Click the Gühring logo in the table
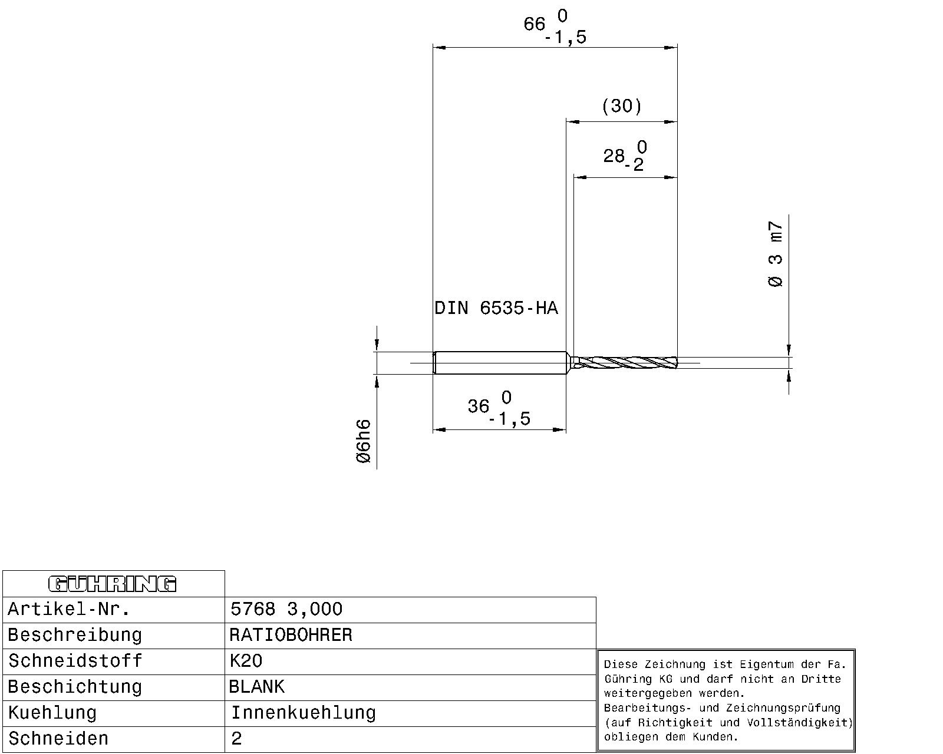(112, 584)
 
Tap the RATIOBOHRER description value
(291, 635)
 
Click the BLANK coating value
(257, 686)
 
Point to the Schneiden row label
(58, 738)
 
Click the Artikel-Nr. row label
(69, 609)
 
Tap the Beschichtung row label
(75, 687)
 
